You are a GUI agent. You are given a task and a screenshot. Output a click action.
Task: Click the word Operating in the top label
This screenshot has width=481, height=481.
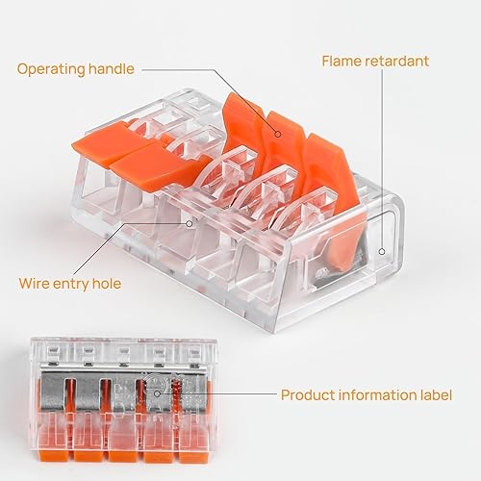pos(51,69)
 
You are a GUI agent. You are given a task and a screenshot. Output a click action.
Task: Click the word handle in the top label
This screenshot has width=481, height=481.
pos(112,68)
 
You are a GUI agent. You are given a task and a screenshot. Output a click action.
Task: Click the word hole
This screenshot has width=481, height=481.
pos(107,283)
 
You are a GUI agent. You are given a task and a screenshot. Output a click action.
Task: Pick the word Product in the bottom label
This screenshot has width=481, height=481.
pos(308,394)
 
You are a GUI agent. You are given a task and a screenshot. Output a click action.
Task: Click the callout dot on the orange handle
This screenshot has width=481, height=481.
pos(278,134)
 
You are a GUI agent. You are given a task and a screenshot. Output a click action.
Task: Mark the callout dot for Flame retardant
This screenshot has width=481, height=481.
pos(382,252)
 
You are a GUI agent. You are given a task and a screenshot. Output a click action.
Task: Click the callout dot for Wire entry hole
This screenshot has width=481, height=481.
pos(190,223)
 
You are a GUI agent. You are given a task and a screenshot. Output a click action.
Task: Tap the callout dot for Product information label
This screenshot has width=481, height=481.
pos(157,393)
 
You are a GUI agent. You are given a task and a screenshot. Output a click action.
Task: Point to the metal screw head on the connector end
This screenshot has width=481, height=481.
pos(320,273)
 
